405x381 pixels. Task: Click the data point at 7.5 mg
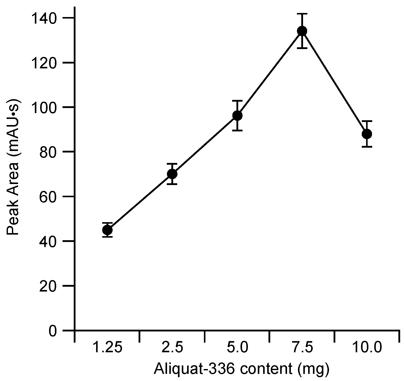point(302,31)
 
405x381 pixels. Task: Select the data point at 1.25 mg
point(107,230)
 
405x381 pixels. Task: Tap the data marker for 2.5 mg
point(172,174)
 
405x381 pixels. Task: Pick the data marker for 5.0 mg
point(237,116)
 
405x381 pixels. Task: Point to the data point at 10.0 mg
point(367,134)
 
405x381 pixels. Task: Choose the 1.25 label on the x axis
point(108,348)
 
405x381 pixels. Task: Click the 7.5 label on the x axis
point(302,348)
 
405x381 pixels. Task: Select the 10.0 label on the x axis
point(367,348)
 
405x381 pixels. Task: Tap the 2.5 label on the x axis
point(172,348)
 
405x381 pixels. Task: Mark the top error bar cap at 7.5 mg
point(302,14)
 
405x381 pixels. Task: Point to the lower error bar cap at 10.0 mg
point(367,147)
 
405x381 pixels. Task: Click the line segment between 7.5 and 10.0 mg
point(334,82)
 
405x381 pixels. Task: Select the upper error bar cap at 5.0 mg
point(237,101)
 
